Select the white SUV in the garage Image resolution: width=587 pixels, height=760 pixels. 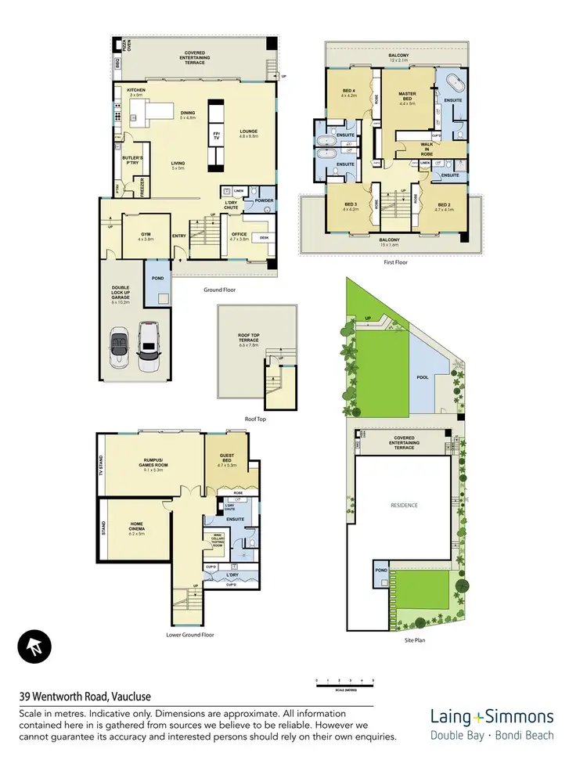[147, 346]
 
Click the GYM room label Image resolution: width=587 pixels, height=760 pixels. [146, 236]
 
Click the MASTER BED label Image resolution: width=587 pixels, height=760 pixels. [407, 97]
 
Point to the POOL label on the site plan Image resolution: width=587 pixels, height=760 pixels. [423, 377]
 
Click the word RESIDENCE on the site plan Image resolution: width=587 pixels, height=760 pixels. [404, 506]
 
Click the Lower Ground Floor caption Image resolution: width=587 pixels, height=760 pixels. [190, 635]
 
